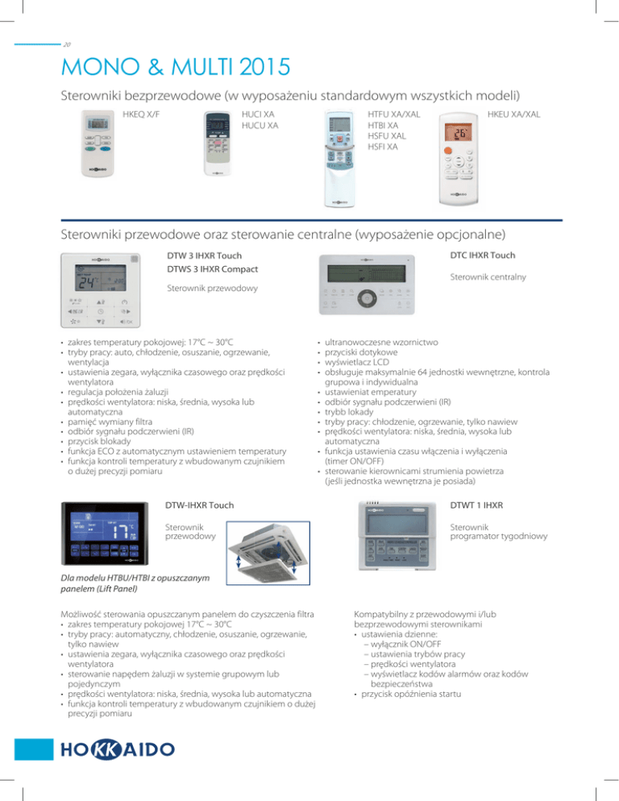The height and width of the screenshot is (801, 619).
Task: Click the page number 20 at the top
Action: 67,46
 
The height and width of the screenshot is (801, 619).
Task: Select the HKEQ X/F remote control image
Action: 98,145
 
